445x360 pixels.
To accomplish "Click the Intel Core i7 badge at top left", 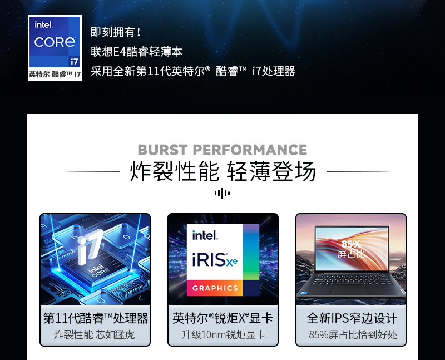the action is (55, 48).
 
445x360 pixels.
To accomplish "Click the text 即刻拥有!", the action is (116, 32).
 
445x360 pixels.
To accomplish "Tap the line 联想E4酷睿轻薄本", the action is (136, 52).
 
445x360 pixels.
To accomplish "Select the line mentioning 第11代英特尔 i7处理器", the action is (192, 71).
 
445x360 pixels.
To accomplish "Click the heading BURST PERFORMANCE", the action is (222, 150).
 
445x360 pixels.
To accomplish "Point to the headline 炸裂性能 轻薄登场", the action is (223, 171).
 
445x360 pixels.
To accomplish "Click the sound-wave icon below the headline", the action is (222, 193).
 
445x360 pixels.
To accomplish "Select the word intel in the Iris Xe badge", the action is (205, 235).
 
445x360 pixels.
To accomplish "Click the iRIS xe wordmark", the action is (215, 260).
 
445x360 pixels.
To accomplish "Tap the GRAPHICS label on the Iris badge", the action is (215, 288).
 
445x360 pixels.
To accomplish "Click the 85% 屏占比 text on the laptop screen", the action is (351, 249).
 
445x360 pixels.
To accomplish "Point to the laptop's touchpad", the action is (349, 289).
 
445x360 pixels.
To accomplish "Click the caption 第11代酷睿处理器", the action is (96, 318).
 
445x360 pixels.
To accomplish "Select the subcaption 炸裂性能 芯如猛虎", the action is (94, 335).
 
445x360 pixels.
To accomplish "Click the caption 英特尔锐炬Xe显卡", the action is (223, 318).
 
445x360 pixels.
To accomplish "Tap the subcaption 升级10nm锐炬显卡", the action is (224, 335).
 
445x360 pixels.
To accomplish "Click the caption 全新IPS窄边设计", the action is (352, 318).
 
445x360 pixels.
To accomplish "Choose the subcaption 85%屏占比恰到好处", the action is (353, 335).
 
